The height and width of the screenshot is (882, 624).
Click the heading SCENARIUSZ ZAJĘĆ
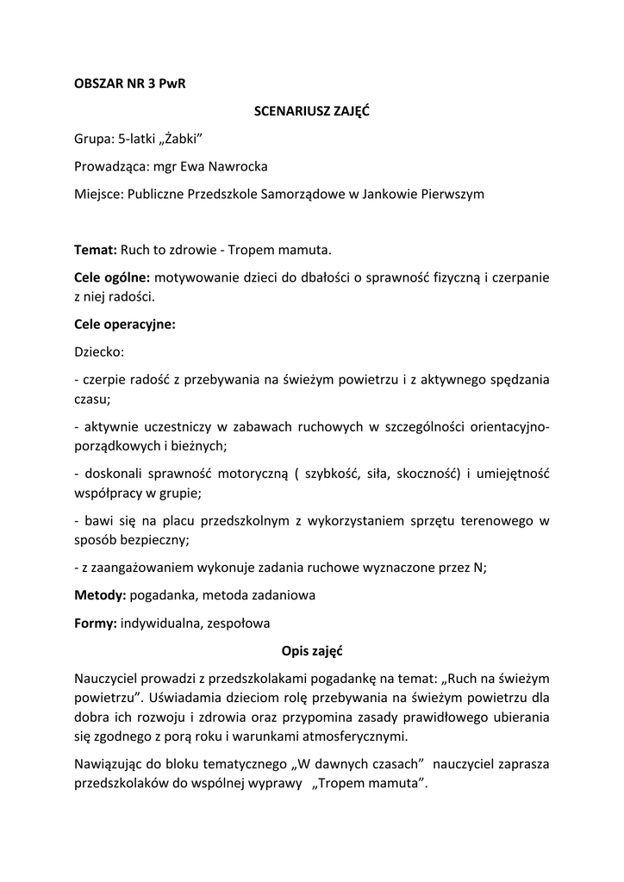(x=311, y=111)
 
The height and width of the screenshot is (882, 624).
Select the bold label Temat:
(x=96, y=250)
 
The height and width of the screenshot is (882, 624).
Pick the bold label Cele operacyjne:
(x=125, y=325)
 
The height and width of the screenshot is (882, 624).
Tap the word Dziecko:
(x=99, y=352)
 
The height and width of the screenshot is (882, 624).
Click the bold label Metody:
(x=100, y=594)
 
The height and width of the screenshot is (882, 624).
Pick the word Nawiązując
(x=110, y=764)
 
